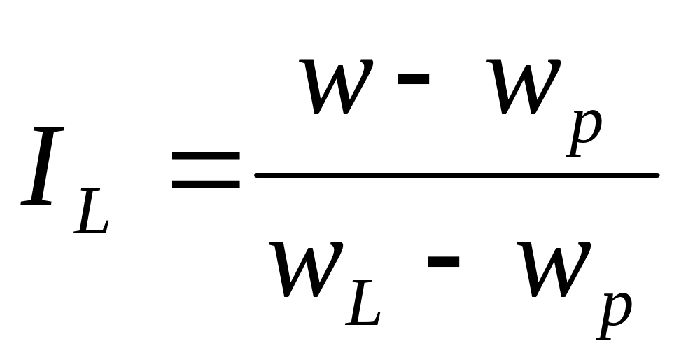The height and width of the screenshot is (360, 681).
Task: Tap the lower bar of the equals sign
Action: click(x=206, y=186)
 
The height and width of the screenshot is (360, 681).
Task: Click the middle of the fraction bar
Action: click(x=456, y=174)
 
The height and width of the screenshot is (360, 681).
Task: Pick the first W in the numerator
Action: click(x=337, y=88)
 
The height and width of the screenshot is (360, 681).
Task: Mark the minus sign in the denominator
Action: click(x=443, y=262)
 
